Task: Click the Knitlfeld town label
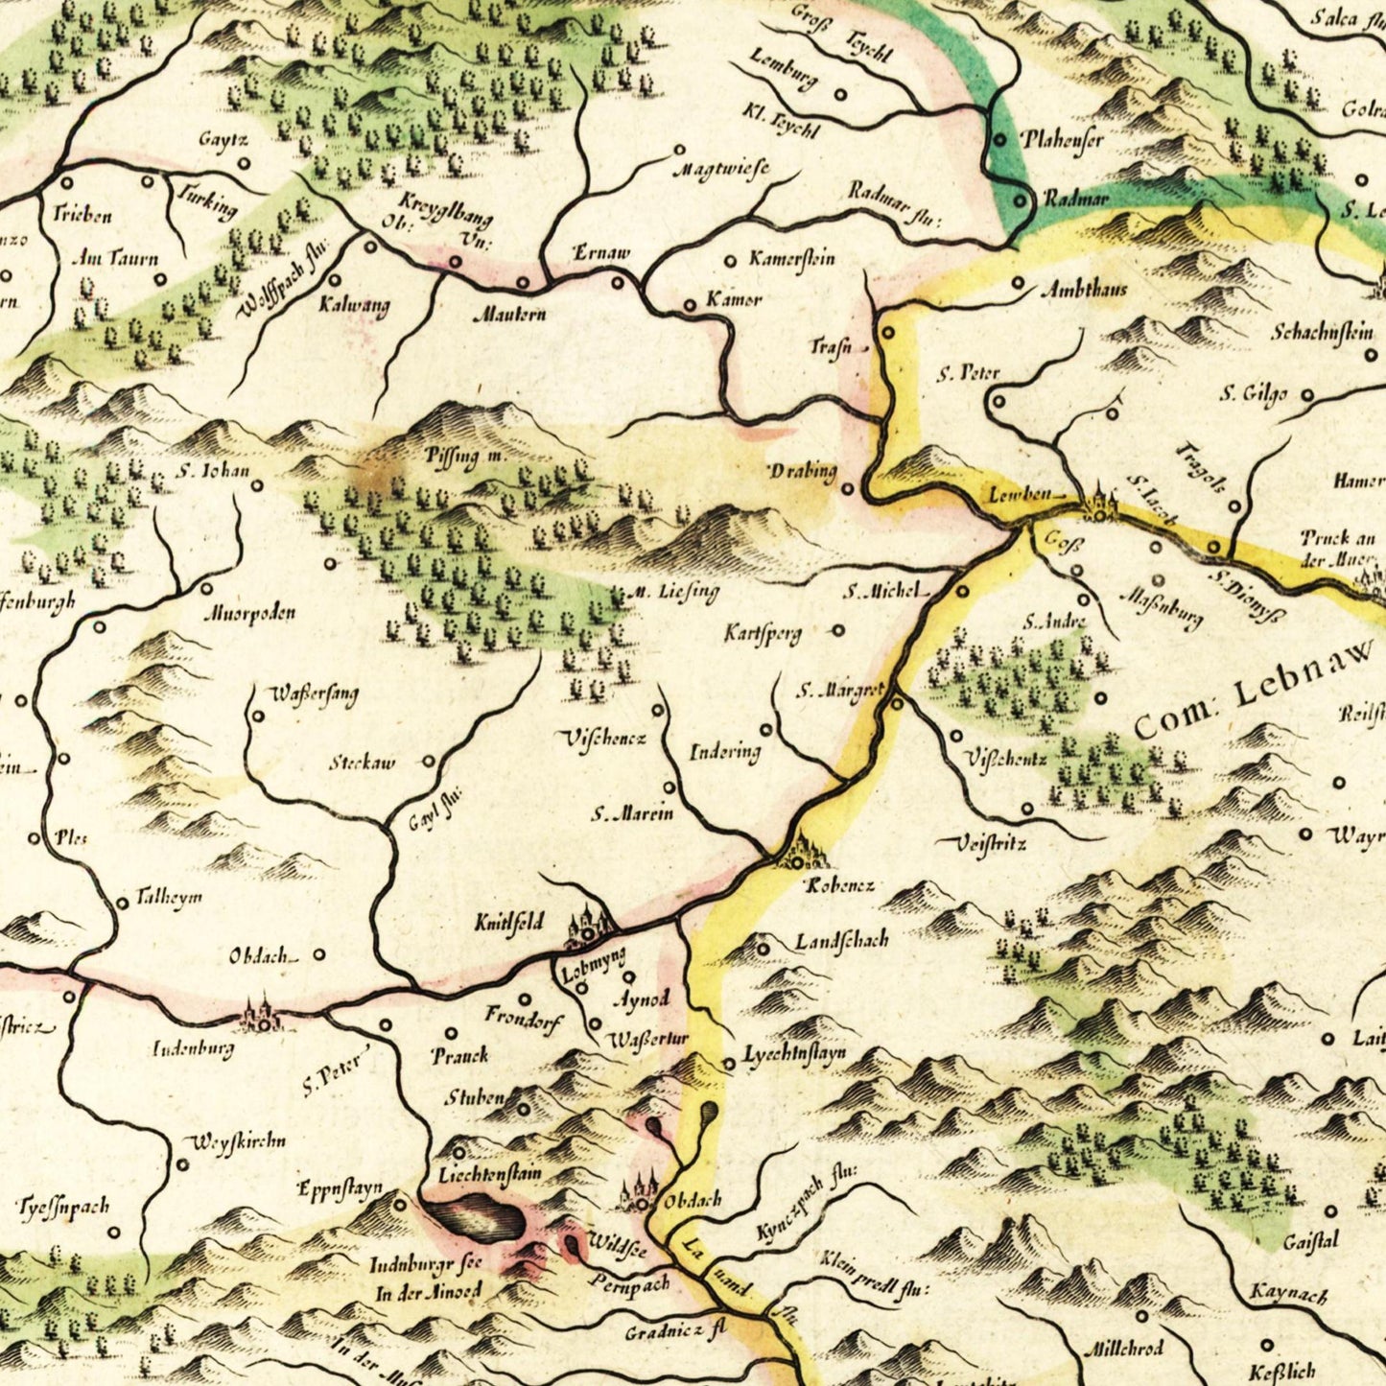508,924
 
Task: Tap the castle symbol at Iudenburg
260,1015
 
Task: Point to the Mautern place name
509,314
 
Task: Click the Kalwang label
354,307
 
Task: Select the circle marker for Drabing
848,489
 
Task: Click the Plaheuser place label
1062,140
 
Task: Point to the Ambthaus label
1084,289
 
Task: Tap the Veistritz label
992,844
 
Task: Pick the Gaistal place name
1310,1241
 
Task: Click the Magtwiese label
720,171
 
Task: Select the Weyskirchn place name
239,1141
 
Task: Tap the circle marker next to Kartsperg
839,630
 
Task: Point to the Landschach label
841,940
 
